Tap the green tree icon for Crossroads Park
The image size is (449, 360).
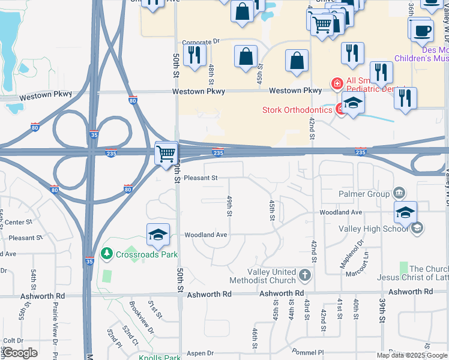(106, 254)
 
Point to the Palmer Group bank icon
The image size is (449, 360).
(399, 193)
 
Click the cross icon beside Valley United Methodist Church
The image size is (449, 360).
(304, 276)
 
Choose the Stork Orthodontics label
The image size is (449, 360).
(297, 110)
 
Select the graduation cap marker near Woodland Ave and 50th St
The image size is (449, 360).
(158, 235)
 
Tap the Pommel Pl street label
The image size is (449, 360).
(308, 352)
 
